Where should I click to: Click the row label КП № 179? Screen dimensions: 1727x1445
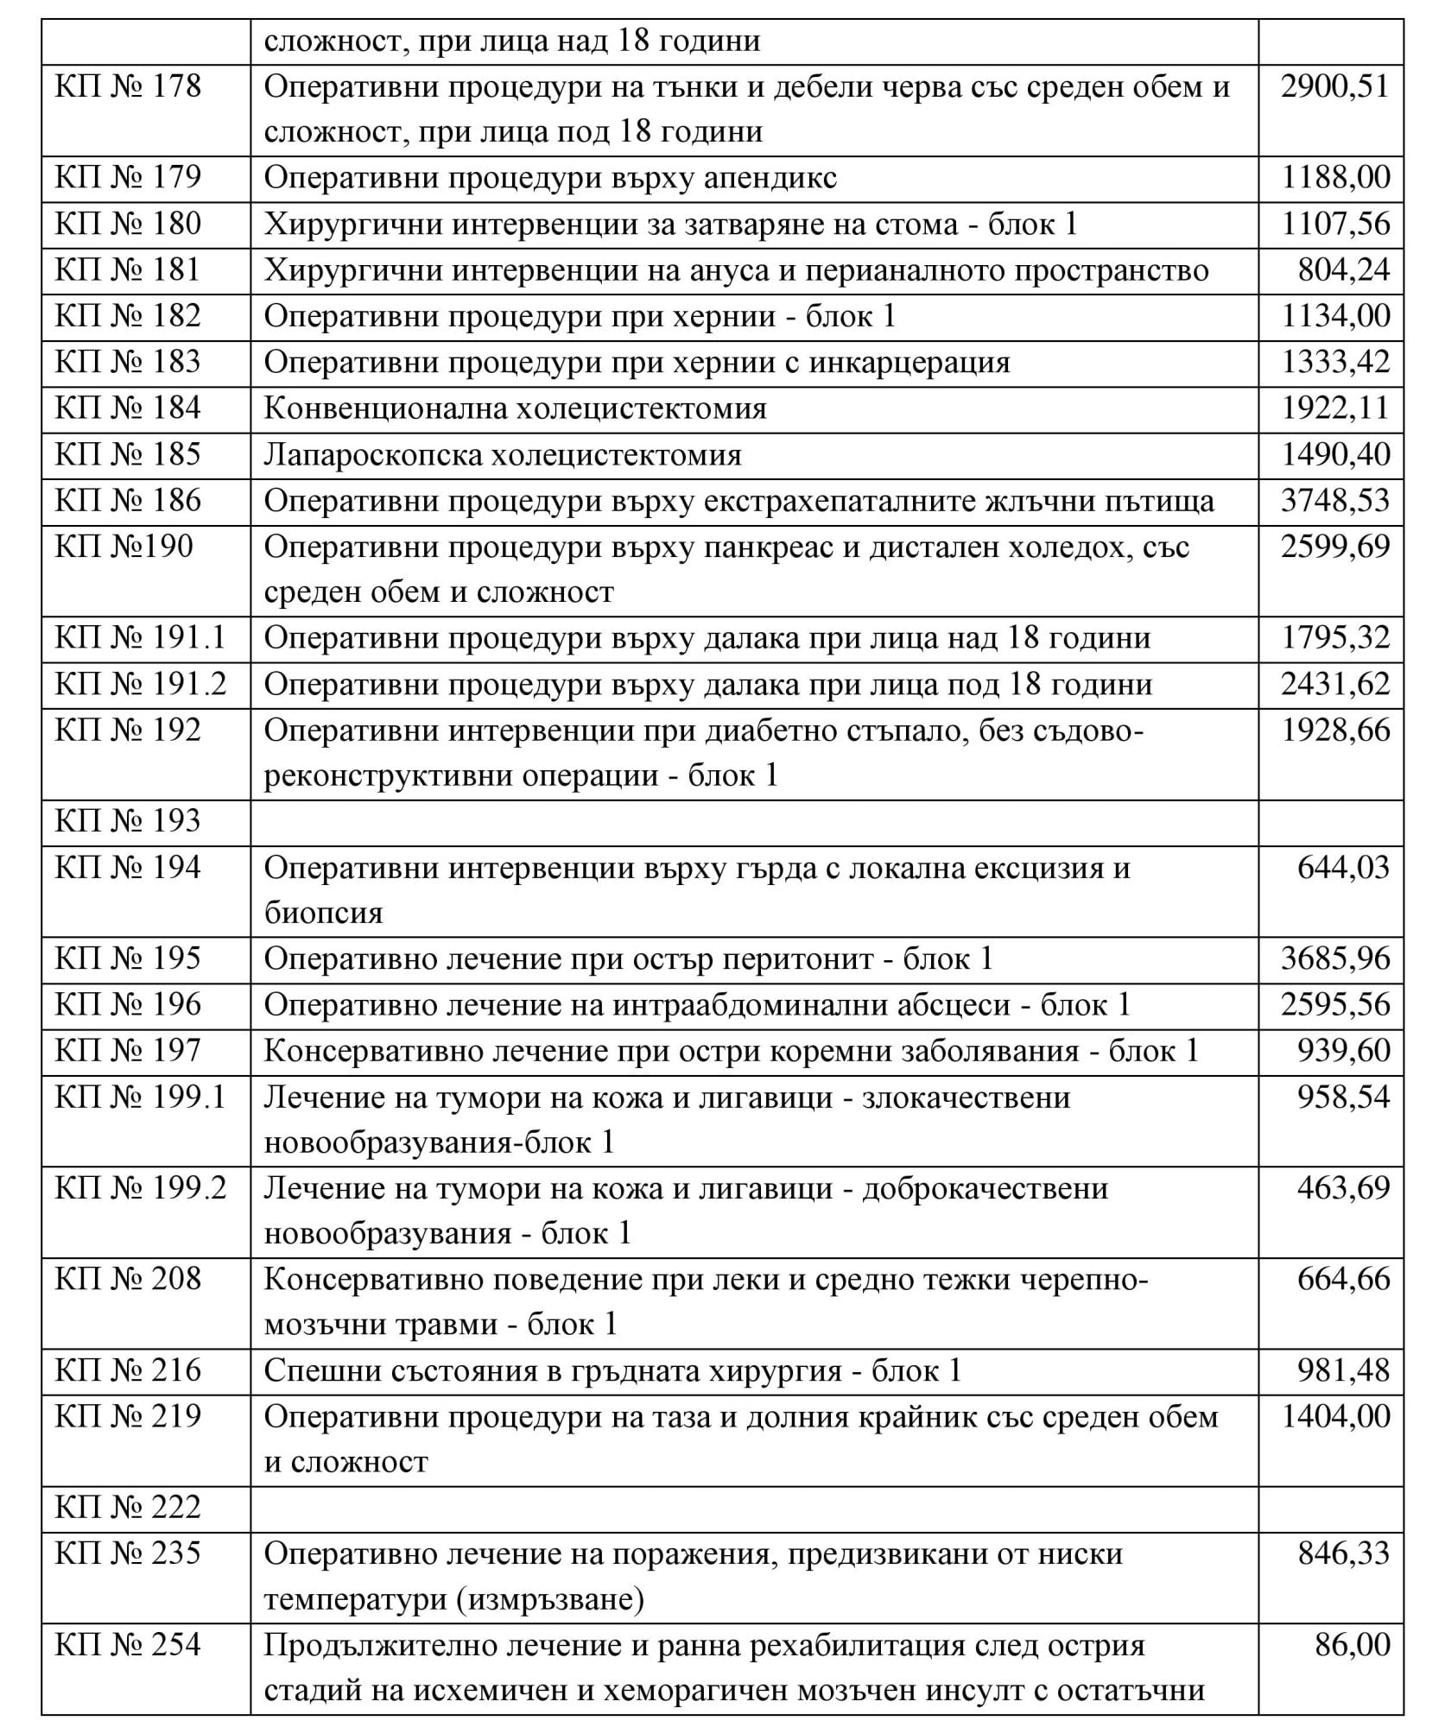(x=128, y=178)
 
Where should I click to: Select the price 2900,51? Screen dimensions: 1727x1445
(x=1334, y=87)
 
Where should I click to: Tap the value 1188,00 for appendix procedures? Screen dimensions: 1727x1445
(x=1335, y=178)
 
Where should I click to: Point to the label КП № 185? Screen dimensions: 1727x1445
(x=128, y=455)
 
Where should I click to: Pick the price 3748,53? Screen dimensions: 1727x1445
(x=1335, y=501)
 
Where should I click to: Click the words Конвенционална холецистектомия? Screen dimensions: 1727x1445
(x=515, y=408)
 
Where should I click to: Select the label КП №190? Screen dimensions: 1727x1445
(x=124, y=547)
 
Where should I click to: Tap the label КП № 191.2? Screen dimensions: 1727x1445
(x=140, y=685)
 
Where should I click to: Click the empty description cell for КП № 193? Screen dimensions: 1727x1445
(x=753, y=822)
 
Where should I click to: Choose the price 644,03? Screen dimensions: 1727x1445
(x=1343, y=868)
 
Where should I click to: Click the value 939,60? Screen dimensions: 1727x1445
(x=1343, y=1051)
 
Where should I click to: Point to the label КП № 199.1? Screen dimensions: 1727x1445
(x=140, y=1098)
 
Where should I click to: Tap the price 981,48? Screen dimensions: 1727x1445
(x=1343, y=1371)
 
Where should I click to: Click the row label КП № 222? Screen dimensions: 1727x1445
(x=128, y=1508)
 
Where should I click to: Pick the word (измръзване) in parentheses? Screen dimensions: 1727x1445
(x=548, y=1600)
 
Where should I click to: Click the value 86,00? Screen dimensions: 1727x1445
(x=1352, y=1646)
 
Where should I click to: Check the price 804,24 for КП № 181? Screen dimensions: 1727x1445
(x=1343, y=270)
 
